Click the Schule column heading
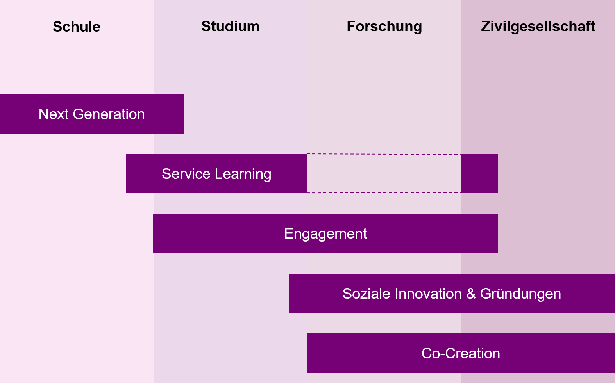[x=77, y=27]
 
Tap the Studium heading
[x=231, y=26]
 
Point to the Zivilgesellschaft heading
[x=538, y=27]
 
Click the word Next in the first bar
[x=54, y=114]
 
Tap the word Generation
[x=109, y=114]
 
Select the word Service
[x=186, y=174]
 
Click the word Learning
[x=243, y=175]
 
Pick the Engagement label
[x=325, y=234]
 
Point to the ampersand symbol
[x=471, y=294]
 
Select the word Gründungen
[x=520, y=294]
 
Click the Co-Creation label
[x=461, y=353]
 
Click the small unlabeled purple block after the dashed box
[x=479, y=174]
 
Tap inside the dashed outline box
[x=384, y=174]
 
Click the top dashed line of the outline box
[x=384, y=154]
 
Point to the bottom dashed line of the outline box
[x=384, y=193]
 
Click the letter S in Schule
[x=57, y=27]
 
